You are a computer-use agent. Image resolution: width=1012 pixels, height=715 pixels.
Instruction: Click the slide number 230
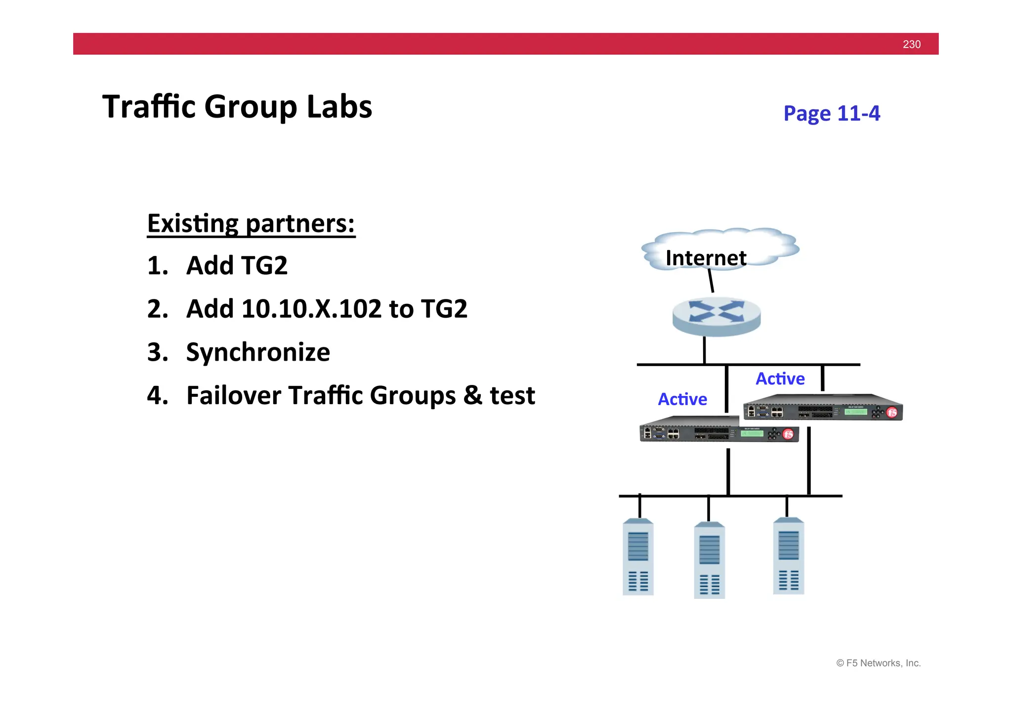(911, 44)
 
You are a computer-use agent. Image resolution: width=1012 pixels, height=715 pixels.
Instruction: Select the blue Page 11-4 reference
(831, 113)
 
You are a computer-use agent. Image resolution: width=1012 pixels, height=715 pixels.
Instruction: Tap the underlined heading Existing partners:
(251, 223)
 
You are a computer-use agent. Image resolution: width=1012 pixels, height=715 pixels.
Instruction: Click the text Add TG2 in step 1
(237, 265)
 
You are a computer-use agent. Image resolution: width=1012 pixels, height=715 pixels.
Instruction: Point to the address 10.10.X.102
(311, 309)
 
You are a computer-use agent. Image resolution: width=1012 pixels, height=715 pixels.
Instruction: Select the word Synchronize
(258, 352)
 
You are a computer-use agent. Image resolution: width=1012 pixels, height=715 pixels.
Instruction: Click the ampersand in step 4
(472, 395)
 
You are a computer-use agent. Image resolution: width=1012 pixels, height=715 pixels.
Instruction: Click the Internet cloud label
(706, 258)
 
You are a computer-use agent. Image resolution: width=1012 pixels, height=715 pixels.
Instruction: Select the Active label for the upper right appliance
(780, 379)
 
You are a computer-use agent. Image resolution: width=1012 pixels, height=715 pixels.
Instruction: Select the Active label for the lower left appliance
(682, 399)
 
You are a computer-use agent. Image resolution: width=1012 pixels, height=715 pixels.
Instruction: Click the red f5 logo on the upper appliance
(891, 412)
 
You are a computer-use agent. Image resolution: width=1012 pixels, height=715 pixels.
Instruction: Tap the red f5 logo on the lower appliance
(788, 434)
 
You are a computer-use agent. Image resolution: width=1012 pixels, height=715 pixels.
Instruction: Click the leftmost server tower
(638, 557)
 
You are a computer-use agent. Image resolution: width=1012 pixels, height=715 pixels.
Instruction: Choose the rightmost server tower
(788, 556)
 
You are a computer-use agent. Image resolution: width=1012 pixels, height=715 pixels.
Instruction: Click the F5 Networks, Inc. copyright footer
(878, 663)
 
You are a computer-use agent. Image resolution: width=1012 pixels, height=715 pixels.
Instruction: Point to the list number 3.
(157, 352)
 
